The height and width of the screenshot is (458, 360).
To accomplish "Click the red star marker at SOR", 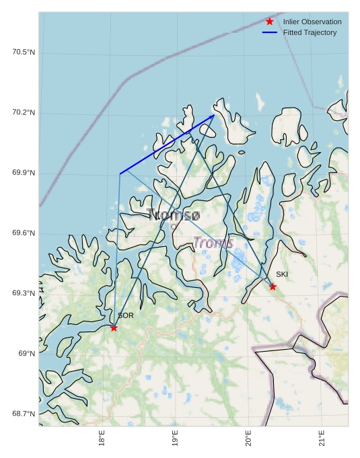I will pyautogui.click(x=114, y=328).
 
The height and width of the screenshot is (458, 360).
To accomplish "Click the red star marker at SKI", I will pyautogui.click(x=273, y=287).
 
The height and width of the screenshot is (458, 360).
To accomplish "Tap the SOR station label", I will pyautogui.click(x=126, y=315).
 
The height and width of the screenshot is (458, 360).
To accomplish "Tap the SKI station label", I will pyautogui.click(x=282, y=274).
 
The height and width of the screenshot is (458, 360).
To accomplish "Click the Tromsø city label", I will pyautogui.click(x=173, y=215).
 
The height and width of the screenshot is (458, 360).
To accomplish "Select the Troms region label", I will pyautogui.click(x=213, y=243).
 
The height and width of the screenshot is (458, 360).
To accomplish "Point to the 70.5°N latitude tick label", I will pyautogui.click(x=24, y=52).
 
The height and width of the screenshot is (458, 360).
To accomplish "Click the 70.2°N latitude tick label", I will pyautogui.click(x=24, y=112).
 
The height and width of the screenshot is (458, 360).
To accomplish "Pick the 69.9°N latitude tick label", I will pyautogui.click(x=24, y=173).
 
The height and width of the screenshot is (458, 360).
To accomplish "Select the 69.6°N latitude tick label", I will pyautogui.click(x=24, y=233).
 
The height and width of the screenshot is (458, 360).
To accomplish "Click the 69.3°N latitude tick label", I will pyautogui.click(x=24, y=293).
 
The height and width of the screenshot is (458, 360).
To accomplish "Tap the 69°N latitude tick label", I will pyautogui.click(x=26, y=354).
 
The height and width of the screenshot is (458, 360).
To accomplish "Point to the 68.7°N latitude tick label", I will pyautogui.click(x=24, y=414).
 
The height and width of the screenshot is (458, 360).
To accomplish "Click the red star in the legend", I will pyautogui.click(x=270, y=22).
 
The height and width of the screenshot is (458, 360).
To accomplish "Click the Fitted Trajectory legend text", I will pyautogui.click(x=310, y=32).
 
